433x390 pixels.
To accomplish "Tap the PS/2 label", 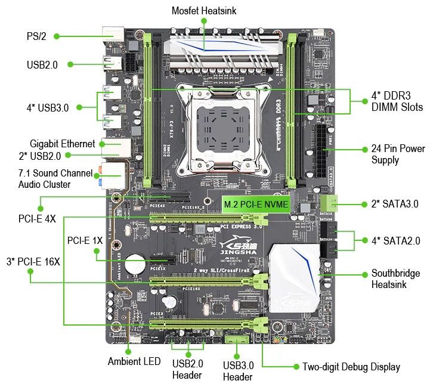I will [x=36, y=36].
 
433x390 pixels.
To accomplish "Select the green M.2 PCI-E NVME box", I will [x=256, y=205].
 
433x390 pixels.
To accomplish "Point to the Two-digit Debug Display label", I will [x=351, y=367].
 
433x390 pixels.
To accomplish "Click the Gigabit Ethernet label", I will [x=62, y=144].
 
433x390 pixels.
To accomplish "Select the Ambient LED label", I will [x=134, y=361].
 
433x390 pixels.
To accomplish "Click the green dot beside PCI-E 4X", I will [x=40, y=208].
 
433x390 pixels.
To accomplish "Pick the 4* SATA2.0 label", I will [x=395, y=241].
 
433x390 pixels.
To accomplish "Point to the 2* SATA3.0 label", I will [x=394, y=204].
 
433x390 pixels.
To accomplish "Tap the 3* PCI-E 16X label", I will [x=33, y=261].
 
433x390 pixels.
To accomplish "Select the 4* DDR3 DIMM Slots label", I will [x=397, y=101].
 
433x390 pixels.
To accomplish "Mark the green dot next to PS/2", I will [x=57, y=36].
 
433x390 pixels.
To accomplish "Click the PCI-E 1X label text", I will [x=85, y=240].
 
